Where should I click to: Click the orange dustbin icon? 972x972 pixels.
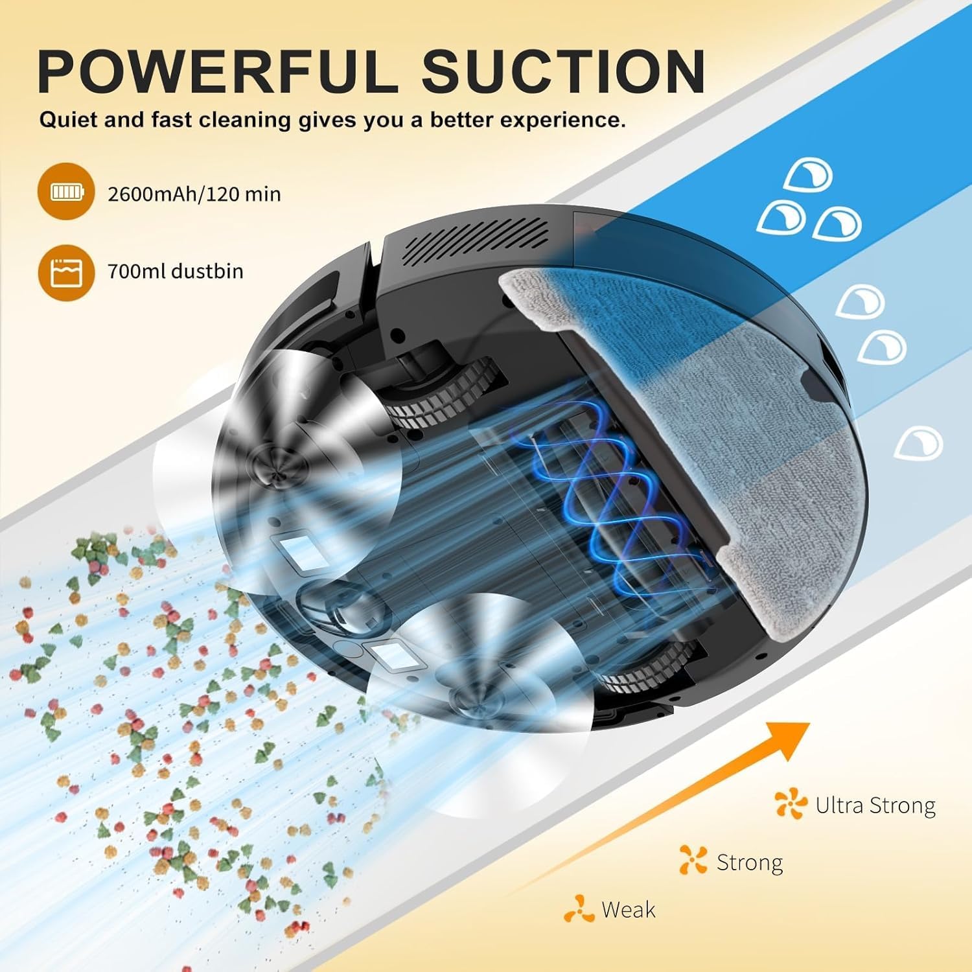pyautogui.click(x=65, y=272)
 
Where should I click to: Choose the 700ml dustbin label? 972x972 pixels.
pyautogui.click(x=176, y=271)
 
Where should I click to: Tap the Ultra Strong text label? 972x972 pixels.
pyautogui.click(x=875, y=805)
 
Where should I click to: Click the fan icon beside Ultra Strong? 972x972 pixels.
pyautogui.click(x=791, y=804)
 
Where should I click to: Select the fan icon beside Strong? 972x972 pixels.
pyautogui.click(x=693, y=860)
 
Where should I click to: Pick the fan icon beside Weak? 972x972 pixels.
pyautogui.click(x=579, y=909)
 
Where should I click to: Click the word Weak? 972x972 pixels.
pyautogui.click(x=628, y=910)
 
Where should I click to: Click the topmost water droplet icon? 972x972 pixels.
pyautogui.click(x=807, y=175)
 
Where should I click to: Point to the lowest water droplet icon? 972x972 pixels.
pyautogui.click(x=918, y=443)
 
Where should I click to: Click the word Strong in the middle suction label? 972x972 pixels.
pyautogui.click(x=750, y=862)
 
